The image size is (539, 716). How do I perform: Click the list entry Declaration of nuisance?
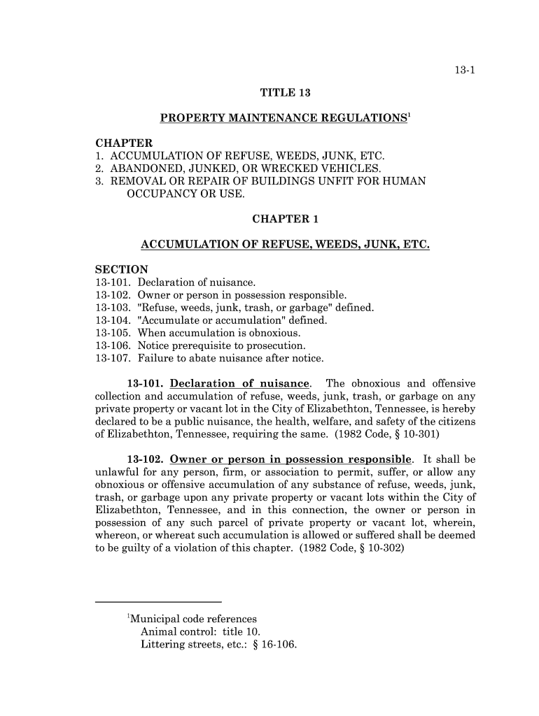197,282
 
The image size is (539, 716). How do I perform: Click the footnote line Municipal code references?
193,620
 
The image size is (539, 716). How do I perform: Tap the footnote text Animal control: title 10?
191,632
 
